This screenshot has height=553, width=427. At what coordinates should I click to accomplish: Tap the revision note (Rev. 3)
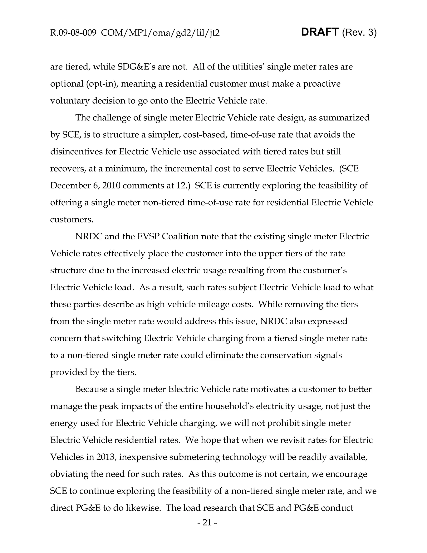(x=359, y=33)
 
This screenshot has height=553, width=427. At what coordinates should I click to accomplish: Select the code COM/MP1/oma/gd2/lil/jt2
(x=160, y=33)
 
